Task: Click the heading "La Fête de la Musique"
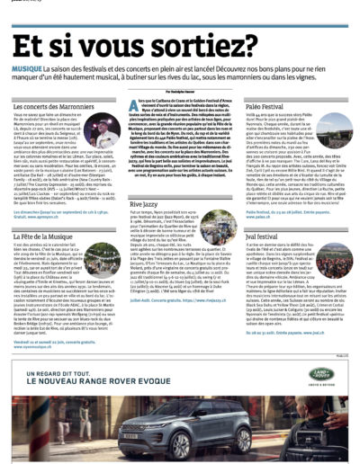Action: pos(48,234)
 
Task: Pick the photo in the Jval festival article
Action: pos(321,263)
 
